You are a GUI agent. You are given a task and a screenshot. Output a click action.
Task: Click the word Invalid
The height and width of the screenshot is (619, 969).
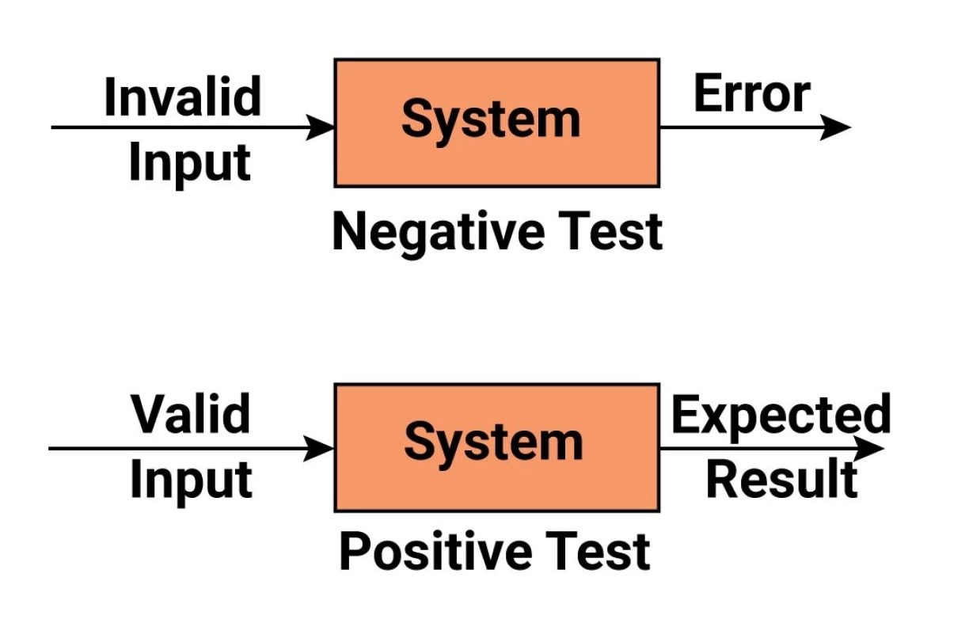[182, 97]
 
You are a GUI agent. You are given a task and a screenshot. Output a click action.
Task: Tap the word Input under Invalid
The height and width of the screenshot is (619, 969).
[190, 163]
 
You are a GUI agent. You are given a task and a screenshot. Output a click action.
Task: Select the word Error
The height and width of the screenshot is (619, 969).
[751, 95]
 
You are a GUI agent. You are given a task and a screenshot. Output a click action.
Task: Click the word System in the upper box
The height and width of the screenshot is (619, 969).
[491, 120]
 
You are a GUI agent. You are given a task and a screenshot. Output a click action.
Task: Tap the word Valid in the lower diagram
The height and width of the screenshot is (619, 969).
[191, 414]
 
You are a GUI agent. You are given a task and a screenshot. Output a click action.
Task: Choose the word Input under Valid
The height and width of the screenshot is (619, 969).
[191, 480]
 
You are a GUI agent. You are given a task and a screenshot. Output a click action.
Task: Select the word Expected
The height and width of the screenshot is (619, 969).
[781, 416]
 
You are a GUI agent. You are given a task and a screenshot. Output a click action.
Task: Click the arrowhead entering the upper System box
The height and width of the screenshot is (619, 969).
[321, 127]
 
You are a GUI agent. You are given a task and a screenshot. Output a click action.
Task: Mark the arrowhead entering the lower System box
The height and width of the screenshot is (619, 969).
[321, 449]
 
